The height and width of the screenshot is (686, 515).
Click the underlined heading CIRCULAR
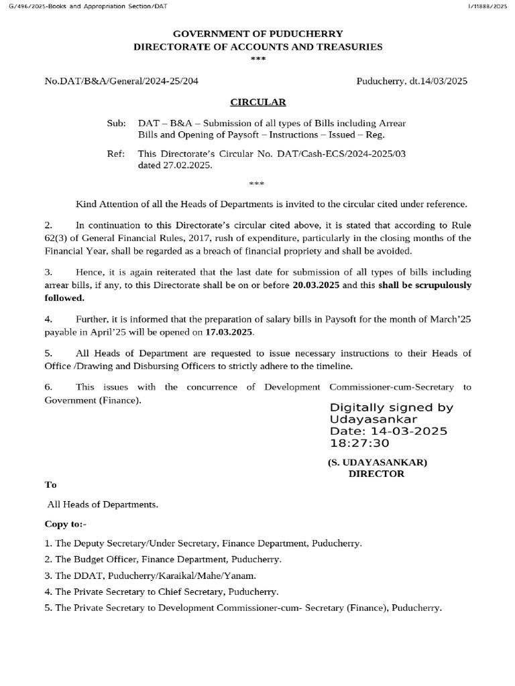258,102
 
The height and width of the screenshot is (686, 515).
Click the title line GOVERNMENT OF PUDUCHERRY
258,33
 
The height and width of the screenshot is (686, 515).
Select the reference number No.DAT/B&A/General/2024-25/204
121,81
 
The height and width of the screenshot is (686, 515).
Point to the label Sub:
116,124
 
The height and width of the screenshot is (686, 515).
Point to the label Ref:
116,154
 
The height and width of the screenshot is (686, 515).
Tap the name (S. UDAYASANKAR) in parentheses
377,462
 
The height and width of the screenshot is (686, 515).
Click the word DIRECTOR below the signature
377,474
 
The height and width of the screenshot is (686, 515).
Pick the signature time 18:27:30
359,443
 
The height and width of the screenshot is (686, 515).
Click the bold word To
51,484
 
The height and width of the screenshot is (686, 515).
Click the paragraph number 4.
48,320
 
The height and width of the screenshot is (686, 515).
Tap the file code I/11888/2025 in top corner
486,6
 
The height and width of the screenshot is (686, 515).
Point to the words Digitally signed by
391,407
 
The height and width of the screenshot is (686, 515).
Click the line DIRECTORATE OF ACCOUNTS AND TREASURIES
258,47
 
